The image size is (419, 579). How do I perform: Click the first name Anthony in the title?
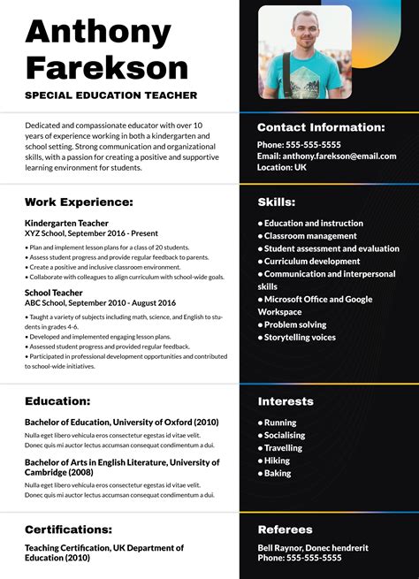[x=98, y=32]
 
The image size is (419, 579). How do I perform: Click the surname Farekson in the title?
[x=106, y=67]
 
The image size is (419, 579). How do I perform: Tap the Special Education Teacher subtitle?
[x=111, y=95]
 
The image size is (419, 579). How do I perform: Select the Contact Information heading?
[x=321, y=127]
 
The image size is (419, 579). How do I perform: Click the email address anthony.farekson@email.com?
[x=327, y=156]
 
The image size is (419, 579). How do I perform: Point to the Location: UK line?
[x=282, y=167]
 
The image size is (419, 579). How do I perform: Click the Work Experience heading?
[x=79, y=202]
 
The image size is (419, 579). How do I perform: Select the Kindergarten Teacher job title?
[x=66, y=224]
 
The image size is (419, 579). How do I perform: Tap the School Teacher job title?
[x=54, y=293]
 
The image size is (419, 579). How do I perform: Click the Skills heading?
[x=277, y=202]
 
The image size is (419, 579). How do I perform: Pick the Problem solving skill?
[x=294, y=324]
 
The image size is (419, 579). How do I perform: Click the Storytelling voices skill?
[x=300, y=337]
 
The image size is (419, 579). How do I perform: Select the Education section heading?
[x=57, y=401]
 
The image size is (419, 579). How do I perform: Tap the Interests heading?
[x=286, y=401]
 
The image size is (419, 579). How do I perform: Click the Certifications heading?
[x=68, y=529]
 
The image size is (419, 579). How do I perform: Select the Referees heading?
[x=285, y=529]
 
